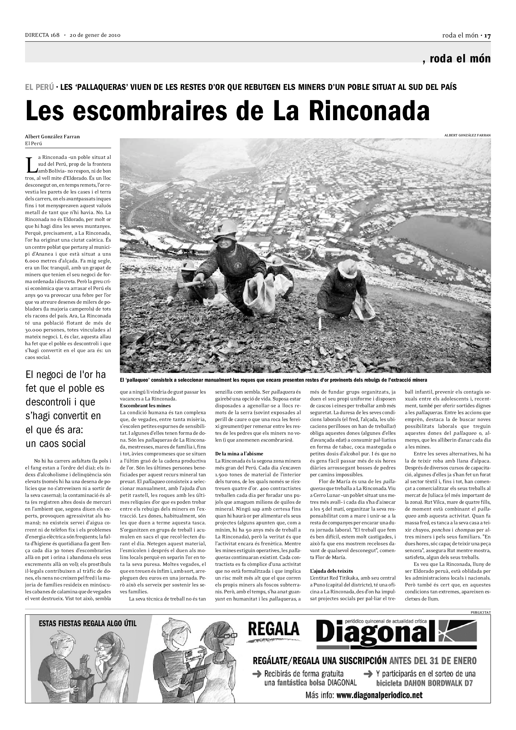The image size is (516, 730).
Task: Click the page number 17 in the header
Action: [x=487, y=36]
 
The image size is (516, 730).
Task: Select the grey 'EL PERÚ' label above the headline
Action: [x=39, y=87]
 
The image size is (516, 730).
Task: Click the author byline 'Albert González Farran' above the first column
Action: [x=52, y=137]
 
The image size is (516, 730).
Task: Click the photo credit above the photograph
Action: [x=467, y=135]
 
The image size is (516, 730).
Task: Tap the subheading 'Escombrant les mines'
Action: [x=145, y=405]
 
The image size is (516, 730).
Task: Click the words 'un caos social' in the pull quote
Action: [x=56, y=443]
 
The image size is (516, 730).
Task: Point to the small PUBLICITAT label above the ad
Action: [x=480, y=612]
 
